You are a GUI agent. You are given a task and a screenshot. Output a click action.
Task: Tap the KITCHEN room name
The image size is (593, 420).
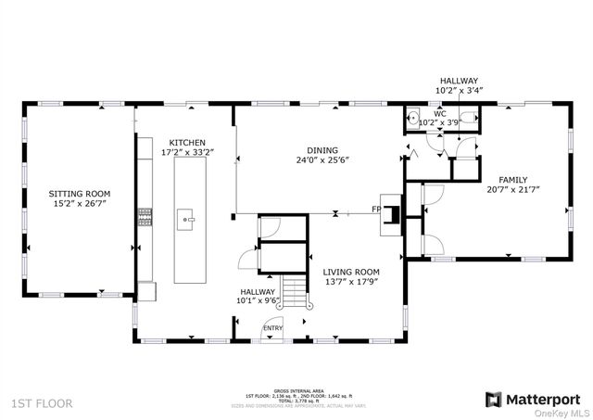[183, 142]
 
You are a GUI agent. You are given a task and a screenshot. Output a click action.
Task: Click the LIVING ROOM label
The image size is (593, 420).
[350, 272]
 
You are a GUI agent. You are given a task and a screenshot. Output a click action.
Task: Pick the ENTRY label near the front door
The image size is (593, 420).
[273, 327]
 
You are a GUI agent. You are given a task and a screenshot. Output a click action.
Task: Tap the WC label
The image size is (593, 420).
[440, 114]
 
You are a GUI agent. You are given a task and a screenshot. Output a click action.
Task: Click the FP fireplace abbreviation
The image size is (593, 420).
[377, 209]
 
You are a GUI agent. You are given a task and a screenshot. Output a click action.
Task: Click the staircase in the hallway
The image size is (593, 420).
[293, 292]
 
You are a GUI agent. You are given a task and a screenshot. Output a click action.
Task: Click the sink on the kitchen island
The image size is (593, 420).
[187, 219]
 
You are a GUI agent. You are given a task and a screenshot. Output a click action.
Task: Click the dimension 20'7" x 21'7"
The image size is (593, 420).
[512, 189]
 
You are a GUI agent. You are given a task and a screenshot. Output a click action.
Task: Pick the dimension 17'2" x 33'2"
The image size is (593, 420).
[183, 152]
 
